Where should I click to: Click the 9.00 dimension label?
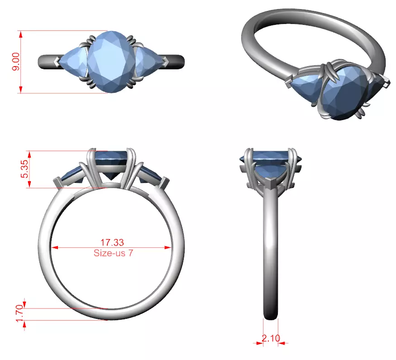click(x=15, y=62)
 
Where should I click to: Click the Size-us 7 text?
click(x=113, y=253)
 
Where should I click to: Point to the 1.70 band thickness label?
click(x=19, y=313)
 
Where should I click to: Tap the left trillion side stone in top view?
click(x=72, y=62)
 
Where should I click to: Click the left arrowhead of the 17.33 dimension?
click(x=55, y=248)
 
